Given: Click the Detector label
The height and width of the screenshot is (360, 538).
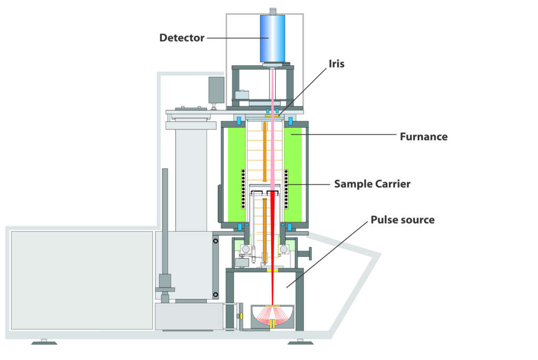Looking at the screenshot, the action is click(182, 38).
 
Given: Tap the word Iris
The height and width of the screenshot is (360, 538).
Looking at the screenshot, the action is click(336, 64).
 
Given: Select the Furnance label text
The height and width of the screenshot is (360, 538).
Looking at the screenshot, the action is click(424, 137).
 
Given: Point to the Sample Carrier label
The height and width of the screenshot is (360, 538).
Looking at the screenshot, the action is click(373, 184).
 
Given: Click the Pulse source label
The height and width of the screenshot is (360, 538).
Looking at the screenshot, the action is click(402, 220).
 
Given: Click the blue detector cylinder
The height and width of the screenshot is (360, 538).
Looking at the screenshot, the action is click(273, 38).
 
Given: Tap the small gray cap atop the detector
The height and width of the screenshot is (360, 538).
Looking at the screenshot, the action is click(273, 12).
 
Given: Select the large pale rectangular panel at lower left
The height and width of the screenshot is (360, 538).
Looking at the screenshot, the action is click(82, 281).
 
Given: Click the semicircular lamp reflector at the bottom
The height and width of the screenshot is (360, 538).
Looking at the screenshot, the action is click(273, 317).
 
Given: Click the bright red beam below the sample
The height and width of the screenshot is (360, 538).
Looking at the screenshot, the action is click(273, 248).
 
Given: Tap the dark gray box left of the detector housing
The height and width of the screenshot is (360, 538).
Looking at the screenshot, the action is click(216, 90).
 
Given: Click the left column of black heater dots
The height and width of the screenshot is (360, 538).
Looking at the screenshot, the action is click(243, 189).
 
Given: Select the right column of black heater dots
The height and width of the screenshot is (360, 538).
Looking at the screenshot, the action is click(286, 189).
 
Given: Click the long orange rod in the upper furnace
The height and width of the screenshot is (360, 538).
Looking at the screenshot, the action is click(265, 152).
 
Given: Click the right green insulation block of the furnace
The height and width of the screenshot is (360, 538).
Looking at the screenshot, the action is click(293, 174).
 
